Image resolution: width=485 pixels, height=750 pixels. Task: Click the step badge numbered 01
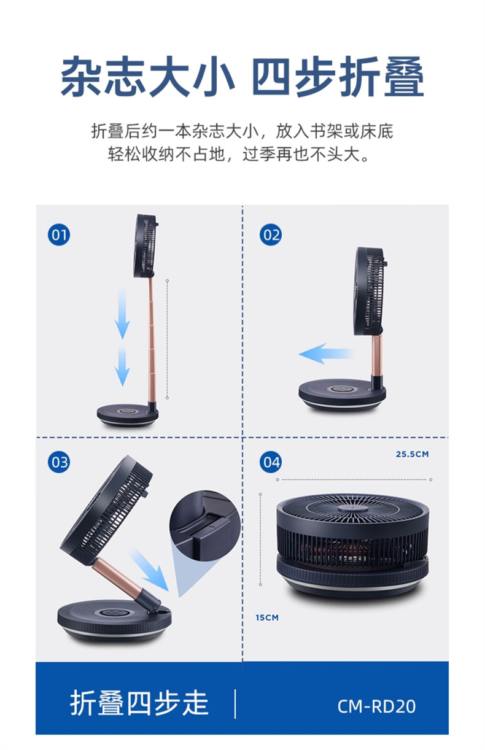(x=59, y=234)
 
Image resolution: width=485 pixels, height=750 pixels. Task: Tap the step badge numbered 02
(x=271, y=234)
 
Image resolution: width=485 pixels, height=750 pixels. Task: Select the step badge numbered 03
(x=59, y=462)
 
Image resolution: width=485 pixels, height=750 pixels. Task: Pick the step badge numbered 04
(x=271, y=462)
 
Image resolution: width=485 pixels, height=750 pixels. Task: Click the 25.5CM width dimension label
(x=412, y=454)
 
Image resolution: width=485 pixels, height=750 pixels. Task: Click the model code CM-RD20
(x=376, y=706)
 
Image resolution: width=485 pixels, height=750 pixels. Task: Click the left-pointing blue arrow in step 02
(x=325, y=354)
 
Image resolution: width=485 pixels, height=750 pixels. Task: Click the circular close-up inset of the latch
(x=204, y=525)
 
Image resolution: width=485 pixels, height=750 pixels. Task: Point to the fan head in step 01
(x=146, y=245)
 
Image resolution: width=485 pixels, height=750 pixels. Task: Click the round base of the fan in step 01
(x=128, y=416)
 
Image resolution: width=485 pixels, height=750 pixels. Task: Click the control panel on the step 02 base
(x=341, y=389)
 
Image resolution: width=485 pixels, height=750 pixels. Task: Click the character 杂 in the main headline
(x=82, y=77)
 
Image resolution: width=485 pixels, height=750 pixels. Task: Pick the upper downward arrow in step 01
(x=122, y=314)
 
